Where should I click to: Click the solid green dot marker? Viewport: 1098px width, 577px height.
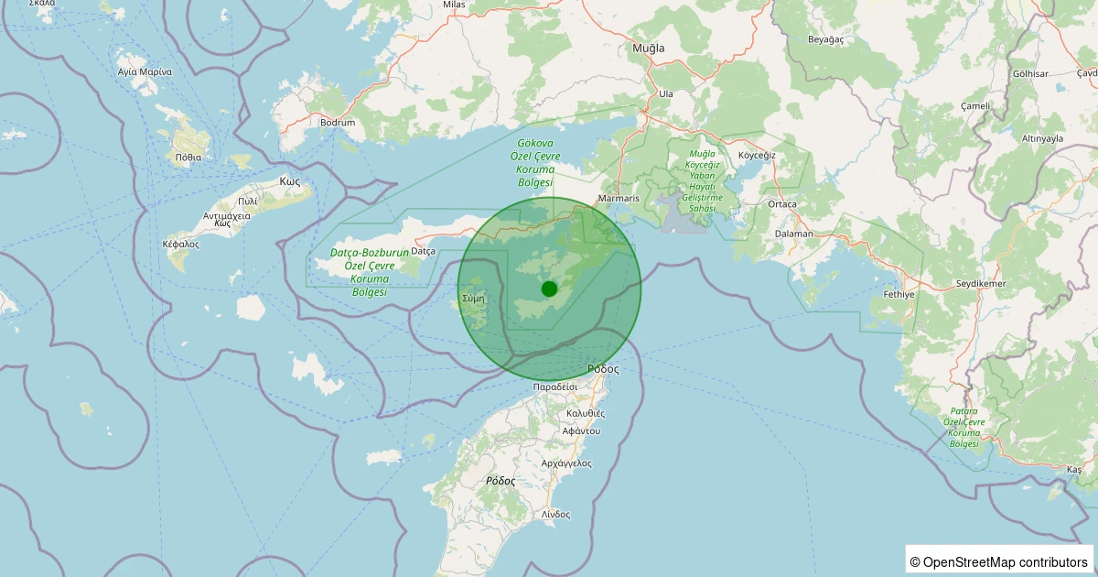[549, 288]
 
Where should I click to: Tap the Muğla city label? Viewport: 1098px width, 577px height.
[649, 48]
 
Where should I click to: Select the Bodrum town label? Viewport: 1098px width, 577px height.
[337, 122]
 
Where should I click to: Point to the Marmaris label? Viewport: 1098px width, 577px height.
[618, 198]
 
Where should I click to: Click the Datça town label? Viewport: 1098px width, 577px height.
[423, 251]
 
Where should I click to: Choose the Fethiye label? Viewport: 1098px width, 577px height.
[899, 295]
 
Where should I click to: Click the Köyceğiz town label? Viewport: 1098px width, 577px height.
[757, 155]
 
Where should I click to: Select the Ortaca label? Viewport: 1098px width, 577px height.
[782, 204]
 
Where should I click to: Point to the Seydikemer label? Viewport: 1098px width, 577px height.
[980, 284]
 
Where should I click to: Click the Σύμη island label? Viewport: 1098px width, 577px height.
[473, 299]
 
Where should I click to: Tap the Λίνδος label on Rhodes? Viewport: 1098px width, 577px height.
[555, 515]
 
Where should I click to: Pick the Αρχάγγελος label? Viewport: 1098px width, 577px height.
[566, 463]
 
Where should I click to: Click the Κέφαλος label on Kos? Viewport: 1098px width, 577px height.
[180, 245]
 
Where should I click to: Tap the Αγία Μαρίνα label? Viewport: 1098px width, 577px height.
[145, 71]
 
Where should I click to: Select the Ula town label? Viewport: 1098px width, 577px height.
[666, 93]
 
